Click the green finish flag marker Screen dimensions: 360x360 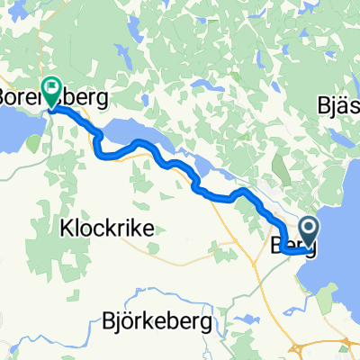click(51, 90)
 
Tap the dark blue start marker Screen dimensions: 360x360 click(309, 229)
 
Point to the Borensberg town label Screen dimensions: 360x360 click(54, 95)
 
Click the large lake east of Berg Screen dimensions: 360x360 click(337, 225)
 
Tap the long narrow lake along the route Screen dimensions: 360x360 click(153, 139)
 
